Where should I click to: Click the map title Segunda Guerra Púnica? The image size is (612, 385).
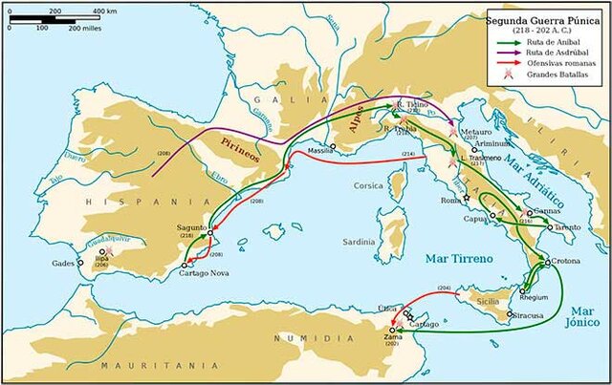(545, 18)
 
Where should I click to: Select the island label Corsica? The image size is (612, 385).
(369, 185)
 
